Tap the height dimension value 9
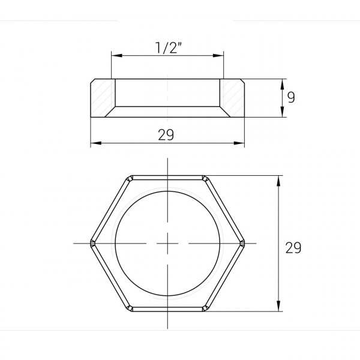(x=291, y=97)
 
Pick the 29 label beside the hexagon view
(x=292, y=247)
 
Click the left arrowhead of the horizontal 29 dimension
(x=94, y=143)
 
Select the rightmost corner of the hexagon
(x=243, y=243)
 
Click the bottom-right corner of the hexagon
(x=205, y=309)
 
